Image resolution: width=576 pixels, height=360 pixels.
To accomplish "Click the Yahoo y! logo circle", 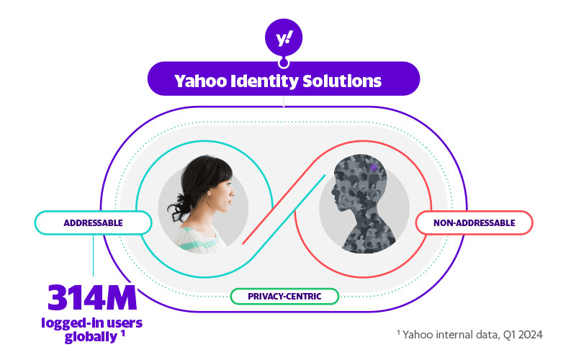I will pos(284,37).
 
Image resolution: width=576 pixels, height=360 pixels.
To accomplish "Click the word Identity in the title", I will pos(265,81).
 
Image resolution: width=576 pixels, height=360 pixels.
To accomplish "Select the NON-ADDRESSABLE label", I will pos(474,222).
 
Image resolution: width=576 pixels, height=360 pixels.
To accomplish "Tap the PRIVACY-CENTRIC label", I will pos(284,296).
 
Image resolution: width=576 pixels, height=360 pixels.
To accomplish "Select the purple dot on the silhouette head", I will pos(373,167).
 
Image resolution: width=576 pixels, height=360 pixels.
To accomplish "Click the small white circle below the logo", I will pos(284,62).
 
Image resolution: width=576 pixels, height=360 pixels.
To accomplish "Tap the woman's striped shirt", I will pos(202,236).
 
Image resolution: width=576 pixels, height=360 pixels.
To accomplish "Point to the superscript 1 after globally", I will pos(123,333).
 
